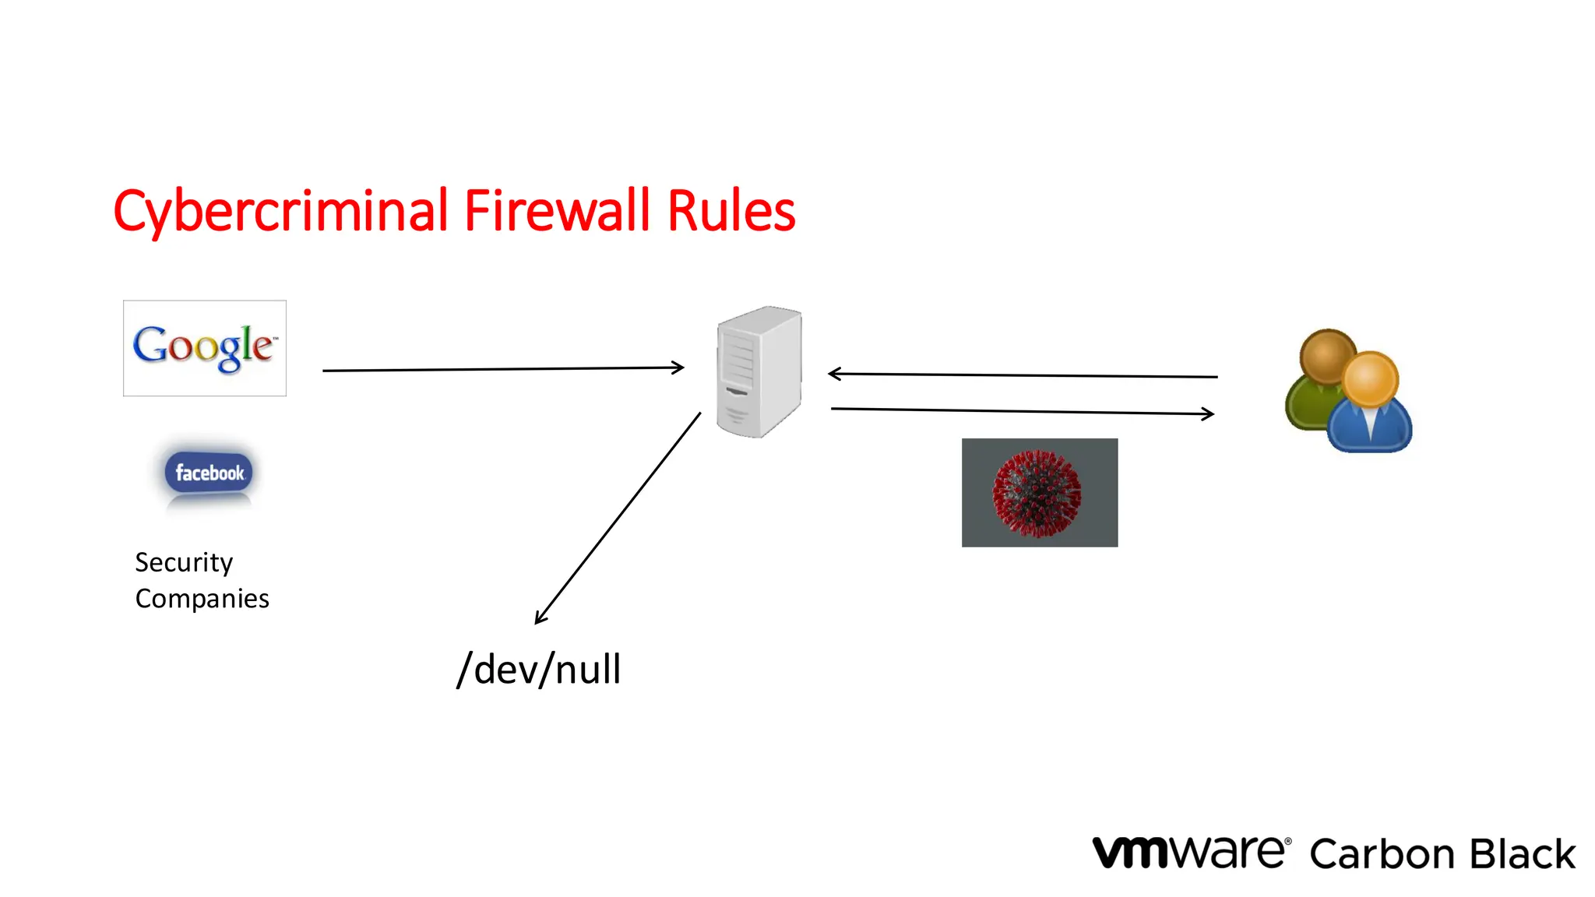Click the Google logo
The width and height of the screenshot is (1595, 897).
(204, 347)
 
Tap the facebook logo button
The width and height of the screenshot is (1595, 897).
(209, 473)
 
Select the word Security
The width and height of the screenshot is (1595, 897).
(184, 563)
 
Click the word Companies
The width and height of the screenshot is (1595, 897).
(202, 599)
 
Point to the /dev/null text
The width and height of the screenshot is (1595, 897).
(539, 670)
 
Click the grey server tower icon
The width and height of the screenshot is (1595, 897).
(759, 371)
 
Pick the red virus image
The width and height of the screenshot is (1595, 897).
(1038, 493)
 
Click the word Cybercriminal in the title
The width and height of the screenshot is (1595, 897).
(280, 212)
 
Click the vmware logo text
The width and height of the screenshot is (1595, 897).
(1190, 853)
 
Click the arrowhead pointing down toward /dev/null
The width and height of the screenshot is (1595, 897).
(540, 619)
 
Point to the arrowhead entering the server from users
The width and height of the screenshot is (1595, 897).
(833, 375)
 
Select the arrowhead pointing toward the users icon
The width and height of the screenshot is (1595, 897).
(1209, 413)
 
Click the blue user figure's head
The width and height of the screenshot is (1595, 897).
(1370, 379)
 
